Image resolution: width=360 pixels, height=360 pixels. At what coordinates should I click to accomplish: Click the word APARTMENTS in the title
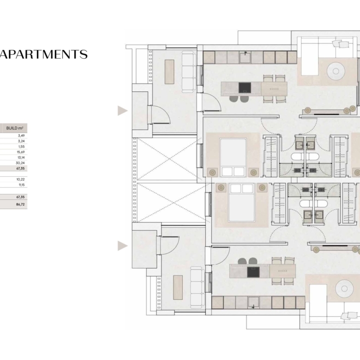[44, 54]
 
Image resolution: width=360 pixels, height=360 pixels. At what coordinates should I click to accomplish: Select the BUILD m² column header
[15, 128]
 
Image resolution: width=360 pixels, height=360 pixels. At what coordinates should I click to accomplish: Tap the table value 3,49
[21, 135]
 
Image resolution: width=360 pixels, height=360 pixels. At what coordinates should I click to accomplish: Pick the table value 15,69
[21, 152]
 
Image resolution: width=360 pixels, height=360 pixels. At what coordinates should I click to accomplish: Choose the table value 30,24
[20, 163]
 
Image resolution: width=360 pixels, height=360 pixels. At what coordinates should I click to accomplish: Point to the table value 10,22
[20, 180]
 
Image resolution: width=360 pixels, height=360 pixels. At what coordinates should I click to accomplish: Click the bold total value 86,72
[20, 204]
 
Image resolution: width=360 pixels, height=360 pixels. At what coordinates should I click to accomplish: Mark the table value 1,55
[22, 146]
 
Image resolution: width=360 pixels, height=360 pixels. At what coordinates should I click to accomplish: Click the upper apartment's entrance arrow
[122, 111]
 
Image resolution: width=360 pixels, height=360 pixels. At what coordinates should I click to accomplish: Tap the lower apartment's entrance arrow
[122, 246]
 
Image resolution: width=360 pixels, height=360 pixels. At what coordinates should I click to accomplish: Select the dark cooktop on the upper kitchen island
[245, 88]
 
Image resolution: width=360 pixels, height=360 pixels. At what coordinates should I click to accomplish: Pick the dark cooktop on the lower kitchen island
[253, 272]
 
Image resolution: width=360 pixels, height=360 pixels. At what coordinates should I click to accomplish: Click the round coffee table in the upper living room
[336, 71]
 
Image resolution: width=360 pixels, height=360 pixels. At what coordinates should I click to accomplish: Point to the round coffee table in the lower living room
[344, 288]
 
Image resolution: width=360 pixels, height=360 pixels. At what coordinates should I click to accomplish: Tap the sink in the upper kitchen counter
[245, 57]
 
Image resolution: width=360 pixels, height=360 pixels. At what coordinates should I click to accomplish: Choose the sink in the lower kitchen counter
[254, 302]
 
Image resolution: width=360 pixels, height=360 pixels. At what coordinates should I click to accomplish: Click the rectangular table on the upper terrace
[169, 72]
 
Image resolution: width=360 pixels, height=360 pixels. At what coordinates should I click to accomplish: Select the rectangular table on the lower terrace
[178, 288]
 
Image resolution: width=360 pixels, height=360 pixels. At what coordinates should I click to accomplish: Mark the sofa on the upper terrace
[189, 72]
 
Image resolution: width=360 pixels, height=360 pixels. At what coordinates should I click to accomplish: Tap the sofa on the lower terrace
[197, 288]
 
